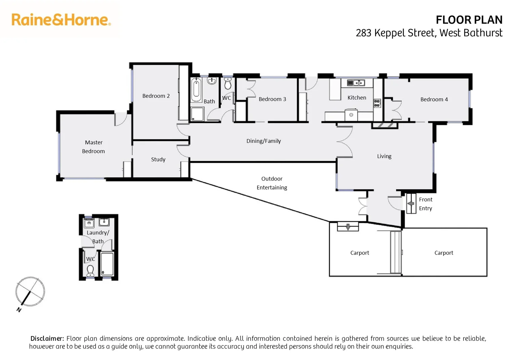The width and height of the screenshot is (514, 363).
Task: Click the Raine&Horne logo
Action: click(61, 20)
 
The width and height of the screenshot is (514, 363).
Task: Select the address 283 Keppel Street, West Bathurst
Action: click(429, 33)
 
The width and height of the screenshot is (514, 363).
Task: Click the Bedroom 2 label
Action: click(156, 96)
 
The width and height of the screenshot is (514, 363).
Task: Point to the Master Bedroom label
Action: click(94, 147)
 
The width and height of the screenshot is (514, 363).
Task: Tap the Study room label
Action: click(158, 159)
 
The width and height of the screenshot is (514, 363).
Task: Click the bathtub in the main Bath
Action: click(196, 90)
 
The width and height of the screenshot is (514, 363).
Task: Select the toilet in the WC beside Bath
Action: click(228, 83)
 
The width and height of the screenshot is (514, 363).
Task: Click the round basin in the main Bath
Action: click(212, 81)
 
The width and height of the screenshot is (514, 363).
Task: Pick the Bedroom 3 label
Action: click(272, 99)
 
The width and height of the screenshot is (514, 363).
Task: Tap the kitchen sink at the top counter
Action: click(356, 83)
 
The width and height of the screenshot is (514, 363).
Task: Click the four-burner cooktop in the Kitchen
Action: click(377, 103)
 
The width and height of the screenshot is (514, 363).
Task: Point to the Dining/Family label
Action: click(263, 141)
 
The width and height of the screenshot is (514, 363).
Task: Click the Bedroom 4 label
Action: click(434, 99)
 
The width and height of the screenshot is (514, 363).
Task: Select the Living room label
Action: click(384, 156)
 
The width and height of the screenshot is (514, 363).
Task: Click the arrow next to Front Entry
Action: click(411, 204)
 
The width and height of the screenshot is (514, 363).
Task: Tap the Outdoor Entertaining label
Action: click(272, 183)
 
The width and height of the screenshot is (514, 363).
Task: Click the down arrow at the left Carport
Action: click(348, 227)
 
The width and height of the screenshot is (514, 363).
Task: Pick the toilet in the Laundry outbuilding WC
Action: click(90, 270)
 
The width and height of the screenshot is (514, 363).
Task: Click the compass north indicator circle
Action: click(30, 291)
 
